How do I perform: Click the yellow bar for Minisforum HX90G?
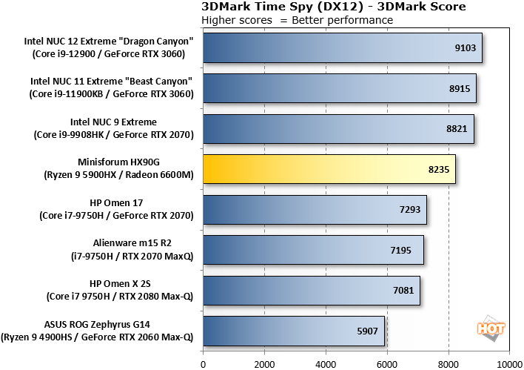[x=329, y=169]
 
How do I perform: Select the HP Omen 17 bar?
[x=315, y=210]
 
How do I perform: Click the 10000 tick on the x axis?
[x=509, y=364]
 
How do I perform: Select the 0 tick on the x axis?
[x=203, y=364]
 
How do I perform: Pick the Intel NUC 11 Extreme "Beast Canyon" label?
[x=111, y=87]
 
